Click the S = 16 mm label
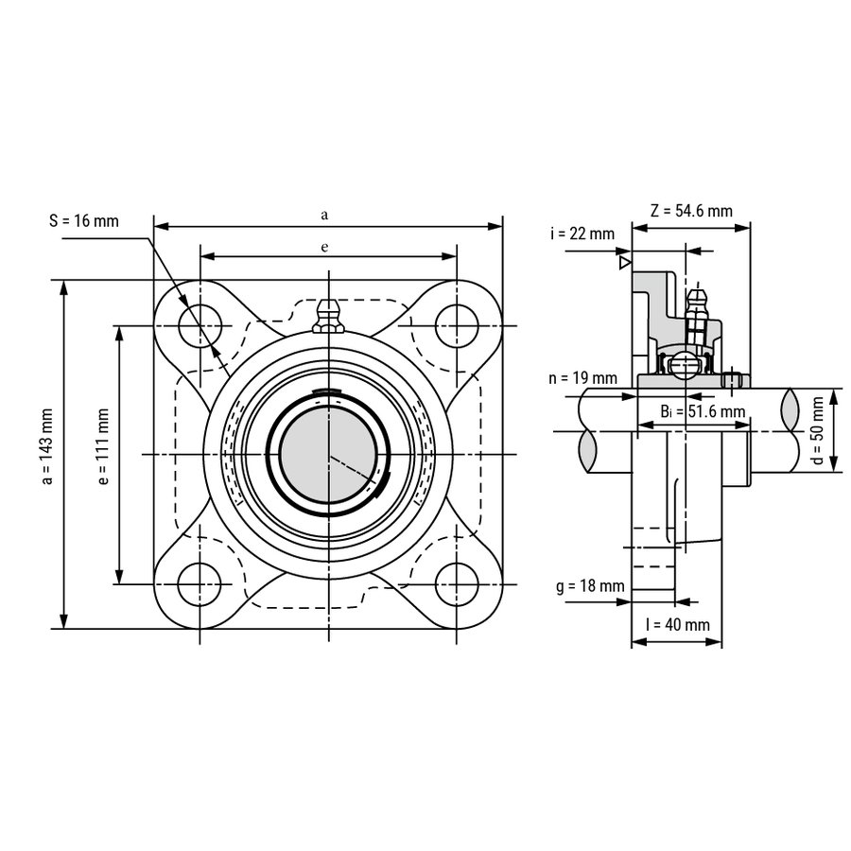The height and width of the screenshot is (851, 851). [84, 221]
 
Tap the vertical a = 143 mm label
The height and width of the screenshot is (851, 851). [48, 446]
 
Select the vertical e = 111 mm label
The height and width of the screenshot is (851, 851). [103, 446]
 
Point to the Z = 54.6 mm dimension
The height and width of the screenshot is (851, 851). [691, 211]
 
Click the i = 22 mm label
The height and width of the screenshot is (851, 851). [582, 234]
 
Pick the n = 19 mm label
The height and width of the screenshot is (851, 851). [582, 377]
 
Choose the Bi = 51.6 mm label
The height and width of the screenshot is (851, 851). [703, 411]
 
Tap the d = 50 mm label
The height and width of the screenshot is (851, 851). [818, 431]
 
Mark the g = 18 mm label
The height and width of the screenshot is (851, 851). [590, 586]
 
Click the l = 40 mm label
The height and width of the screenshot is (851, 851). [678, 625]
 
